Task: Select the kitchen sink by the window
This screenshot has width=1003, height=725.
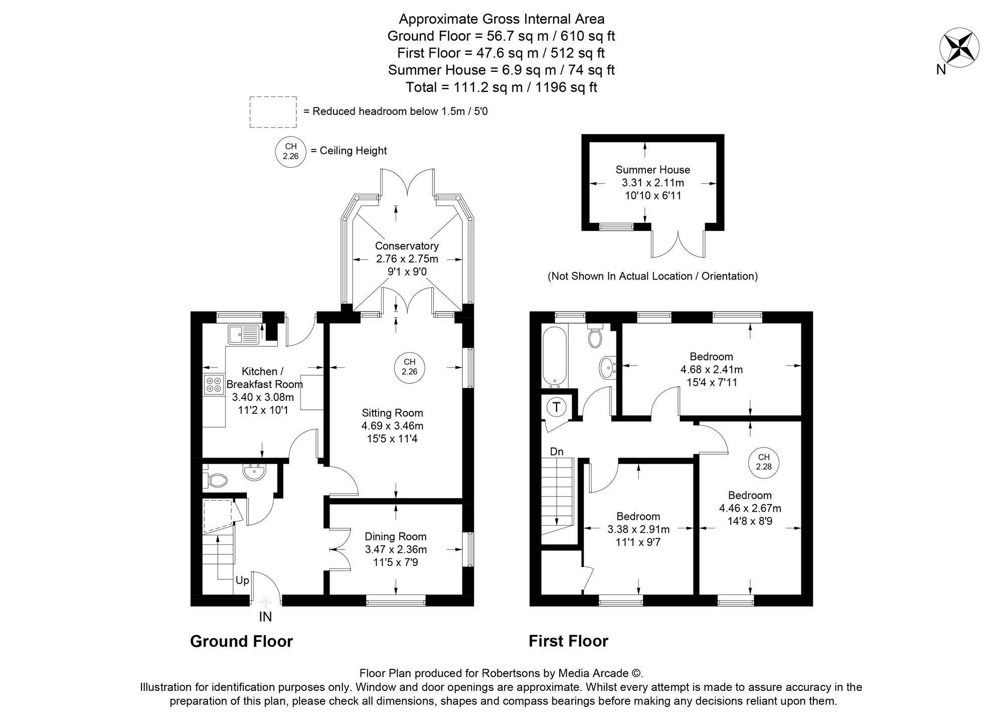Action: pyautogui.click(x=243, y=334)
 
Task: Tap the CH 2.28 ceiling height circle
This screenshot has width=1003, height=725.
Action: pyautogui.click(x=764, y=462)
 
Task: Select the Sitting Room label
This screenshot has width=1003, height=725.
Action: pyautogui.click(x=392, y=413)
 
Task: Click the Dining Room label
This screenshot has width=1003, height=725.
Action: pyautogui.click(x=396, y=536)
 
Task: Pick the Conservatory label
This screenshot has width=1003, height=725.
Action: pyautogui.click(x=407, y=246)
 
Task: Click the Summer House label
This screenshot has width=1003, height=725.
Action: pyautogui.click(x=653, y=170)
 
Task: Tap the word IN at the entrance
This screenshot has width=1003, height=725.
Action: pyautogui.click(x=265, y=617)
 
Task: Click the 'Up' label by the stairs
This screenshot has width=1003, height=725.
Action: pyautogui.click(x=242, y=581)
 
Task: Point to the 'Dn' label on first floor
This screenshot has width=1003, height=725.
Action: pyautogui.click(x=557, y=452)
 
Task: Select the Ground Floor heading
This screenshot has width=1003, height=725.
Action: pyautogui.click(x=241, y=641)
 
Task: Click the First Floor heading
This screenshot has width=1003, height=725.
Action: pyautogui.click(x=568, y=641)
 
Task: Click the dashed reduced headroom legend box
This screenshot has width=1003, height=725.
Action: pyautogui.click(x=273, y=112)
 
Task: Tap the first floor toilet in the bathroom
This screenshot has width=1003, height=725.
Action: pyautogui.click(x=595, y=336)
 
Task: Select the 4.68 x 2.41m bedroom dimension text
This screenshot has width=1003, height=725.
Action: pyautogui.click(x=712, y=370)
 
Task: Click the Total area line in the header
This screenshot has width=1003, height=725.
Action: pyautogui.click(x=501, y=87)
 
